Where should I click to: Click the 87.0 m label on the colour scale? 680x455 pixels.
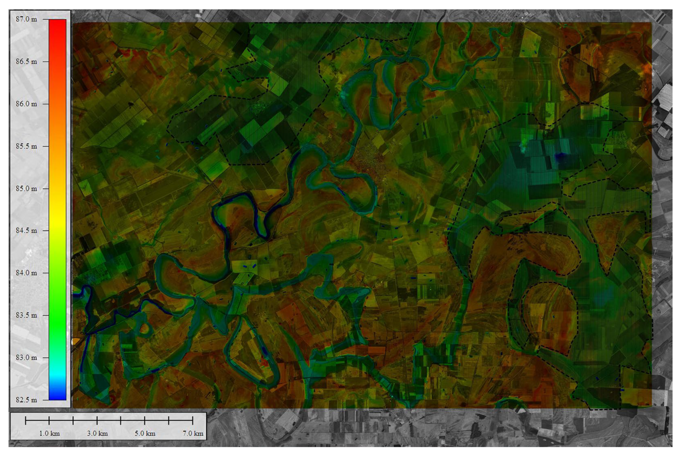[x=26, y=19]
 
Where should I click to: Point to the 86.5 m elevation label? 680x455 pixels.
[x=26, y=62]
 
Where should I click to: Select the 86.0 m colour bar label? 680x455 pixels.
[x=26, y=104]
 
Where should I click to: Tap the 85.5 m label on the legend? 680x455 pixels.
[x=26, y=146]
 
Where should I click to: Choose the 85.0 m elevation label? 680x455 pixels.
[x=26, y=189]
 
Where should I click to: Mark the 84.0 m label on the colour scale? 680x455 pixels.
[x=26, y=273]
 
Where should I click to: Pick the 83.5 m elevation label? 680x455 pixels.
[x=26, y=315]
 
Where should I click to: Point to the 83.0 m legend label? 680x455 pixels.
[x=26, y=358]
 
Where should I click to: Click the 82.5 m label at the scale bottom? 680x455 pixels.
[x=26, y=400]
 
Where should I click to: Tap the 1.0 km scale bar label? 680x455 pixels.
[x=49, y=434]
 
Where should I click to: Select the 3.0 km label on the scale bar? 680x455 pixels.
[x=97, y=434]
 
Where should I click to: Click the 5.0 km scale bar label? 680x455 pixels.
[x=145, y=434]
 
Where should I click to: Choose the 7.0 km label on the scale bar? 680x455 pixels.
[x=193, y=434]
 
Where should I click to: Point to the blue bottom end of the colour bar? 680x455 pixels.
[x=57, y=396]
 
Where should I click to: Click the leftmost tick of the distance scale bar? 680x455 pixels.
[x=25, y=420]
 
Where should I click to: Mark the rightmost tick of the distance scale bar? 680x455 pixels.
[x=193, y=420]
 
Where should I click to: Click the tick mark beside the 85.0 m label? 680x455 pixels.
[x=46, y=189]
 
